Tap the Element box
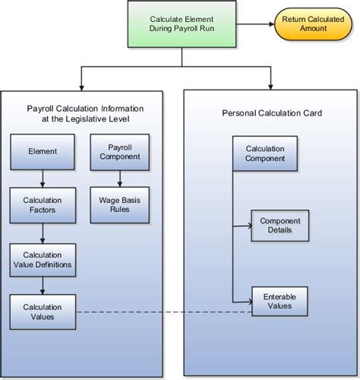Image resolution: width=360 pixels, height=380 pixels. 42,151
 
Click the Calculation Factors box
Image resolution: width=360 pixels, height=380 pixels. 42,205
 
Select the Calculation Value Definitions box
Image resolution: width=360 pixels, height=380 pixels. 42,259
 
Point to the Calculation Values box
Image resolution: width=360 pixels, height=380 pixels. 42,311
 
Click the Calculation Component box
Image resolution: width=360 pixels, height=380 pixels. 265,154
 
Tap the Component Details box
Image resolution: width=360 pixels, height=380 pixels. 280,225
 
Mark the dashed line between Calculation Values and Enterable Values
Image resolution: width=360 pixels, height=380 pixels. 152,311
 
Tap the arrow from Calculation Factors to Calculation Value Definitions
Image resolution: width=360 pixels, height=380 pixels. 42,233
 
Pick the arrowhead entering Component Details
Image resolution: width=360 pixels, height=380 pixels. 248,225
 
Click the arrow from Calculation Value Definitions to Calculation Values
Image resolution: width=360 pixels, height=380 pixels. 42,286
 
